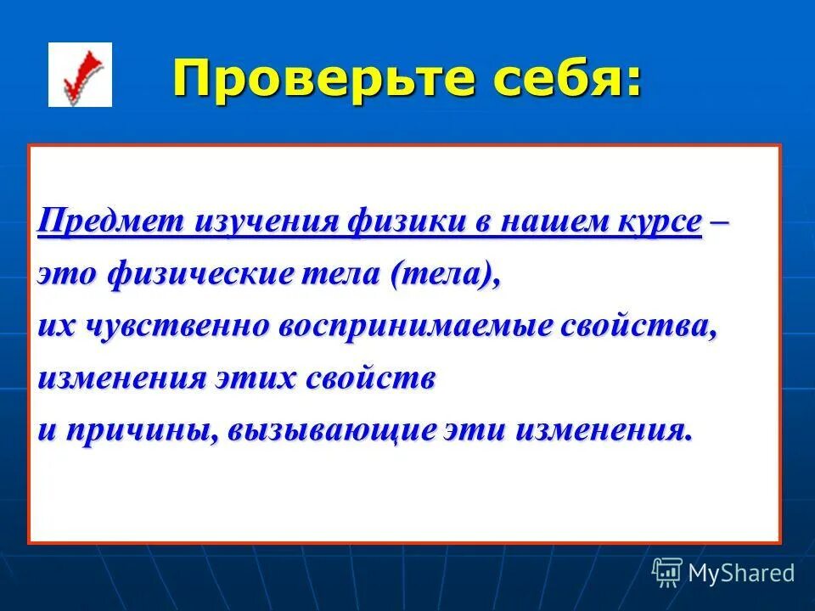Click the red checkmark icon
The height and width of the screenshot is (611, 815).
tap(80, 75)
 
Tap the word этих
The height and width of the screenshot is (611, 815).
tap(254, 378)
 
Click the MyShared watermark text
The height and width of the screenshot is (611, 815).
tap(740, 573)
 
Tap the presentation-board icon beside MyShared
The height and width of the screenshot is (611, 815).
tap(666, 572)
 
